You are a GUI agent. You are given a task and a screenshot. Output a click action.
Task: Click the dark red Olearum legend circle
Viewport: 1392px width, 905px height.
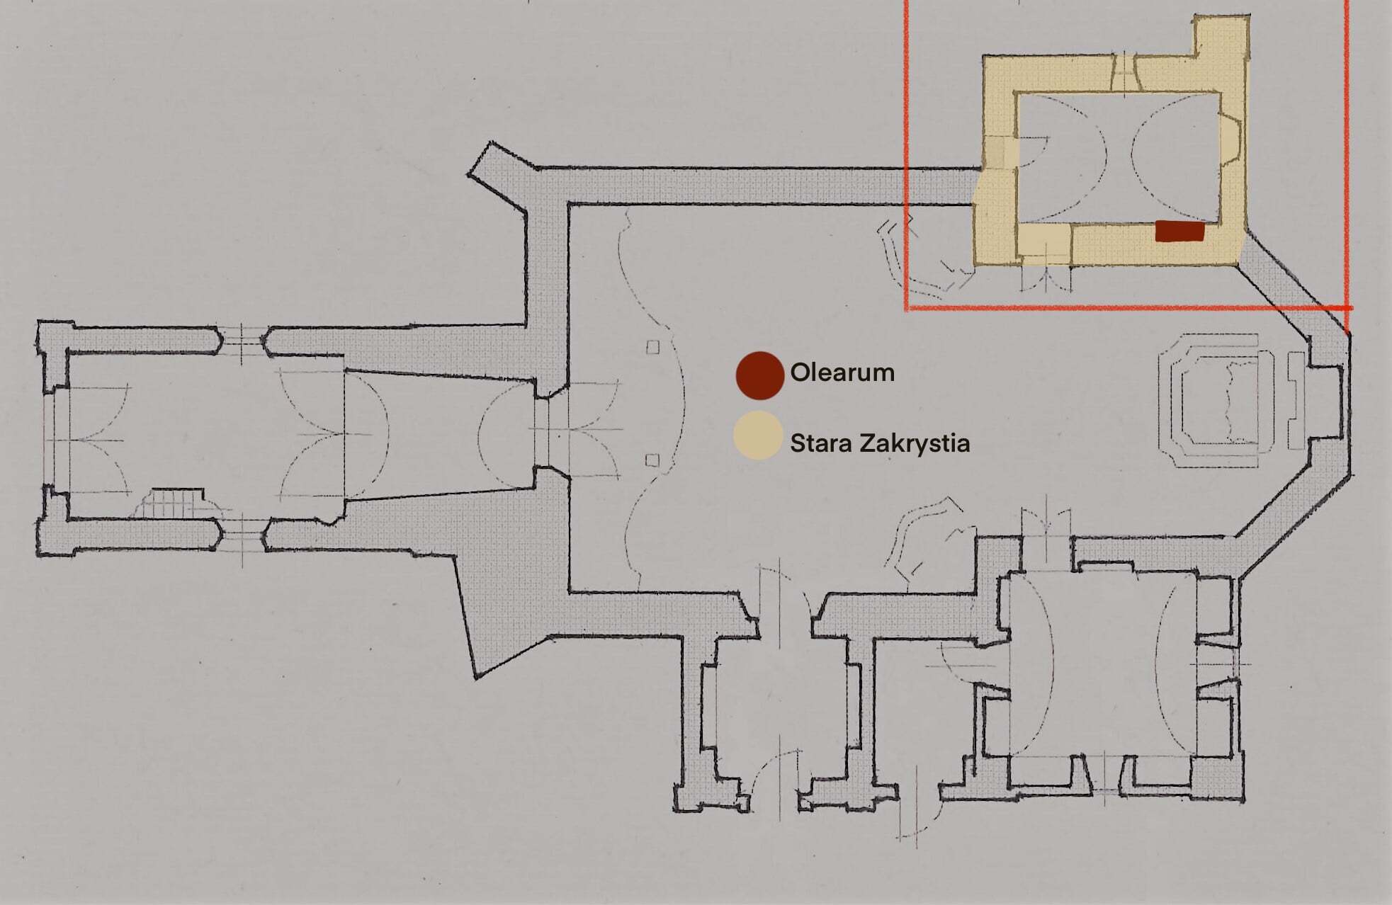[759, 375]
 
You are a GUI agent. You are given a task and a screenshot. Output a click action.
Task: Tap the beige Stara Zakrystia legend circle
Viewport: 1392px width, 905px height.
[758, 436]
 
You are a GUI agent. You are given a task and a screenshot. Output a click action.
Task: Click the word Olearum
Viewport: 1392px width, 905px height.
[842, 372]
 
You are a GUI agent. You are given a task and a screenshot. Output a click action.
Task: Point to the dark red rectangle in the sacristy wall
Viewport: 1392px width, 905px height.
[1179, 232]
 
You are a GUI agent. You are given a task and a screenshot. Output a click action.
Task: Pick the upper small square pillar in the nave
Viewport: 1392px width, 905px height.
[652, 347]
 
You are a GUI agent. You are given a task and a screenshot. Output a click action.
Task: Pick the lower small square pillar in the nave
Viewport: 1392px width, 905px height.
[652, 461]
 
